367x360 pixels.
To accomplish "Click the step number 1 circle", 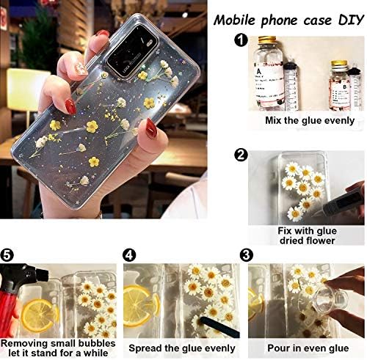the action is (241, 40).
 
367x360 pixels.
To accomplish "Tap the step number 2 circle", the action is (241, 155).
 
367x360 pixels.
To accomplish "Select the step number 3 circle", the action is (246, 255).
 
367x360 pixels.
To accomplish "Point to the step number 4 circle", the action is (128, 255).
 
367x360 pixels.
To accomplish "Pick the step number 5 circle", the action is (7, 255).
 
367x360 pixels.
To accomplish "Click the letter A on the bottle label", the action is (258, 72).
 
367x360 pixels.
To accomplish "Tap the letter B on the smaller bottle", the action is (345, 87).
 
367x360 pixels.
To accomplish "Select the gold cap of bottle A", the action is (267, 39).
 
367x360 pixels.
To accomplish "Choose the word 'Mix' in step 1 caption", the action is (274, 121).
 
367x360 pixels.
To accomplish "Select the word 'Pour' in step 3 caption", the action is (278, 348).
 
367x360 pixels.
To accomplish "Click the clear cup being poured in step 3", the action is (330, 299).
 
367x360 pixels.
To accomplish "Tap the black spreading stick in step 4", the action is (219, 327).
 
